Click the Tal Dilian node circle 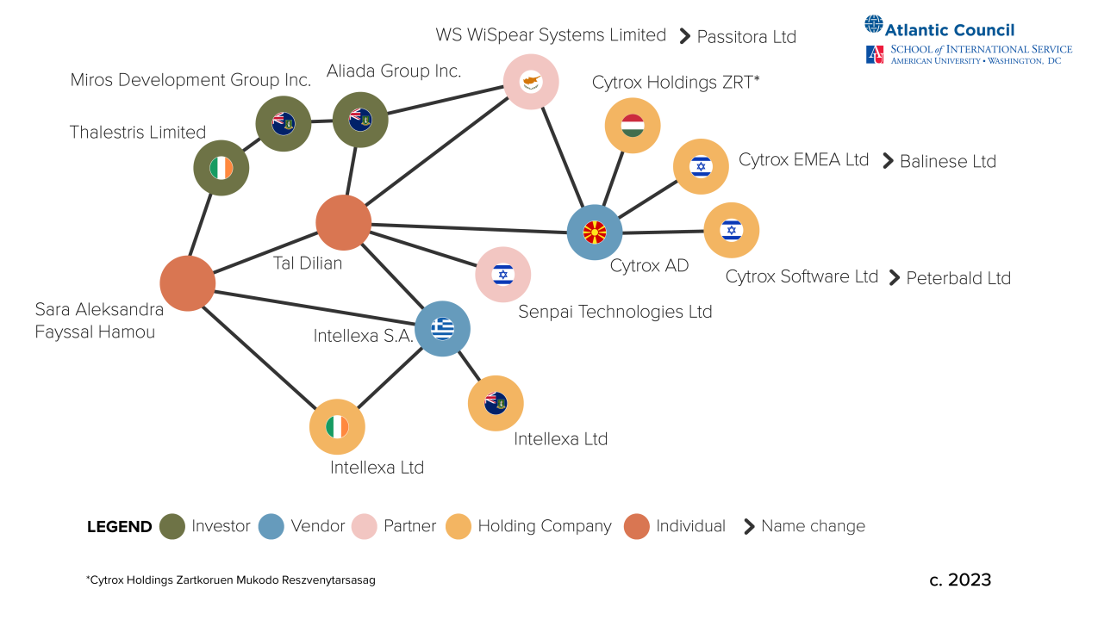click(343, 222)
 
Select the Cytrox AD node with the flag click(595, 232)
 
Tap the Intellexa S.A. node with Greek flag click(442, 328)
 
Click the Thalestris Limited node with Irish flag click(221, 168)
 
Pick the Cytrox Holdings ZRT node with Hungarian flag click(633, 126)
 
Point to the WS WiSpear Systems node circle click(531, 82)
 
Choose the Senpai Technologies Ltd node click(502, 274)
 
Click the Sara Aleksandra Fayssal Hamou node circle click(187, 283)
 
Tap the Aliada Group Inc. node click(360, 120)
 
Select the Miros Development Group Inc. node click(284, 123)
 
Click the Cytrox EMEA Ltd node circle click(701, 166)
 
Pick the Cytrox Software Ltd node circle click(732, 230)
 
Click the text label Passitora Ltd click(746, 37)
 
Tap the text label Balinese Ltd click(947, 161)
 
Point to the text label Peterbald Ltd click(958, 278)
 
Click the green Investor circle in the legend click(172, 526)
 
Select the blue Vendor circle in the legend click(271, 526)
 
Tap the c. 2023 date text click(960, 580)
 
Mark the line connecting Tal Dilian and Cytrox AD click(470, 228)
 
